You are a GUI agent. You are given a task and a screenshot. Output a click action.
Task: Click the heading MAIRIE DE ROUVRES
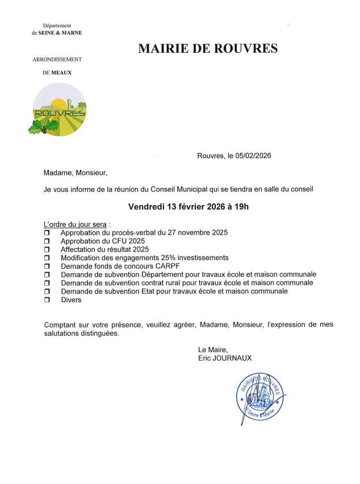click(208, 49)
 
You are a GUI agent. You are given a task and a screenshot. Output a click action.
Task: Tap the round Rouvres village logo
click(59, 109)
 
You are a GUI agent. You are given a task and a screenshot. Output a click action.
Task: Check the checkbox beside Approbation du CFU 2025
click(47, 241)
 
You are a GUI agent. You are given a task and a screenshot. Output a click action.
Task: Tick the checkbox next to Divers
click(47, 300)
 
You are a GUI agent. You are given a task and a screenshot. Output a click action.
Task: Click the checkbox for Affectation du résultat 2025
click(47, 249)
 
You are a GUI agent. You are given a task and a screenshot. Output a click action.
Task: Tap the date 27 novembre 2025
click(193, 232)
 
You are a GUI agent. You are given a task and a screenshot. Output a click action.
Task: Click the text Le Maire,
click(213, 349)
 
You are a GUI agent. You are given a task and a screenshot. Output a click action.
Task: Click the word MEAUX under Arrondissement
click(61, 73)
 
